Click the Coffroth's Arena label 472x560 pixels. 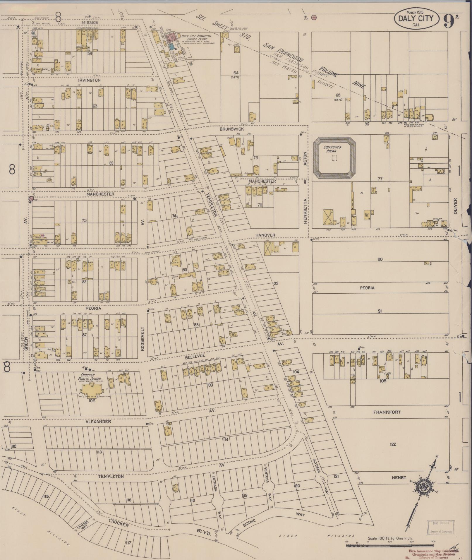pos(332,149)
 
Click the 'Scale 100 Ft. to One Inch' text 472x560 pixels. pos(390,538)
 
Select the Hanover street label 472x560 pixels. pos(265,235)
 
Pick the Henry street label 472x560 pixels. pos(399,477)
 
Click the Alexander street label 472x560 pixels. pos(98,422)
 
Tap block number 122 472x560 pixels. pos(393,444)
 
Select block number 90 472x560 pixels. pos(380,259)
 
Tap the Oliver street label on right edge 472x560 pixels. pos(455,206)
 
